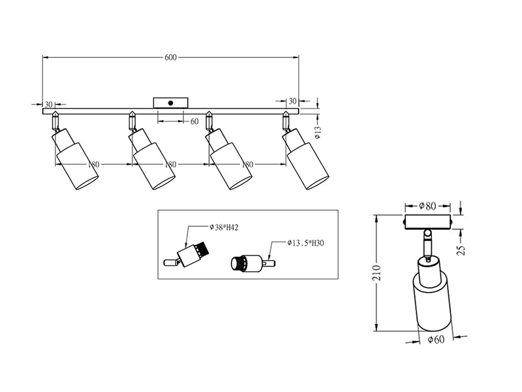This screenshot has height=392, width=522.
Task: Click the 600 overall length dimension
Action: pyautogui.click(x=170, y=57)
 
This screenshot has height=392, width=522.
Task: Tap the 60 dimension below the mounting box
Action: pyautogui.click(x=194, y=122)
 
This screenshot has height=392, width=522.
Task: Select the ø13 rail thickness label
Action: pyautogui.click(x=318, y=132)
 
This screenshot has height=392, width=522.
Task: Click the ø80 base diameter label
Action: pyautogui.click(x=427, y=206)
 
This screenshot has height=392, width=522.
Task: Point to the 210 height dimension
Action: pyautogui.click(x=376, y=273)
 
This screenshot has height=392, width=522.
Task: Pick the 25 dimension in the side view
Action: pyautogui.click(x=461, y=250)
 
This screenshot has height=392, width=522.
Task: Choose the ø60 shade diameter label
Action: pyautogui.click(x=436, y=340)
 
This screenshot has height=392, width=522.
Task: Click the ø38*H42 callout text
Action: pyautogui.click(x=224, y=227)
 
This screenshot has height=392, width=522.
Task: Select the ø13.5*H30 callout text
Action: pyautogui.click(x=305, y=243)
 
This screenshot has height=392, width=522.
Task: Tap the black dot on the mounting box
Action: pyautogui.click(x=171, y=103)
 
